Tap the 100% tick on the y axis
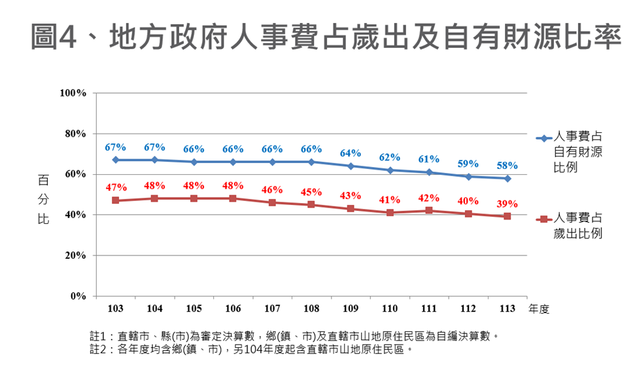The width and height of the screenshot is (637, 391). click(73, 93)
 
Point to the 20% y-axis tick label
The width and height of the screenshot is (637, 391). click(76, 255)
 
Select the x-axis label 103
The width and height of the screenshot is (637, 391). click(116, 308)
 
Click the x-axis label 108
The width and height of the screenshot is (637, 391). click(311, 308)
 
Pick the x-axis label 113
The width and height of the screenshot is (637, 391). click(507, 308)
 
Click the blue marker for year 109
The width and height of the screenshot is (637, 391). click(351, 166)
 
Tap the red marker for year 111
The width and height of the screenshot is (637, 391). click(429, 210)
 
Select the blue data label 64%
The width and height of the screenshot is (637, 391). click(351, 153)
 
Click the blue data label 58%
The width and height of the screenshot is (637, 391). click(507, 166)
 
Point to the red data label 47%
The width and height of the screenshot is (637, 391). click(116, 188)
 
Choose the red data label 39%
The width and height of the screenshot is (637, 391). click(508, 204)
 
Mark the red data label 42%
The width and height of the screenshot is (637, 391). click(428, 198)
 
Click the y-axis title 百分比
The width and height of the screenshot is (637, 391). click(43, 198)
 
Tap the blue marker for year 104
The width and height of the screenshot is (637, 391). click(155, 160)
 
